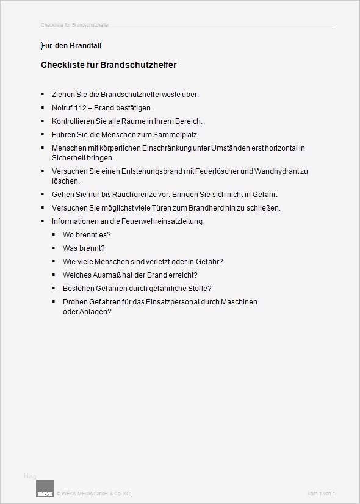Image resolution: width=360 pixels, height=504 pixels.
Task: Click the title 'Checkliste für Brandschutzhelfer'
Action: point(109,65)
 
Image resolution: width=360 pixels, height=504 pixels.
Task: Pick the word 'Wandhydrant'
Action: point(280,171)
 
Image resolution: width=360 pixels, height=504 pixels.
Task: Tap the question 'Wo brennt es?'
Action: point(87,235)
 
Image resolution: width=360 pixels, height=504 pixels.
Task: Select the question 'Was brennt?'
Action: point(84,248)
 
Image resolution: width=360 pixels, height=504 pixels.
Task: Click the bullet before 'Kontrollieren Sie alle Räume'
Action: point(43,121)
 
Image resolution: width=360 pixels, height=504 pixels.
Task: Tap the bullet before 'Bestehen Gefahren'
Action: point(54,289)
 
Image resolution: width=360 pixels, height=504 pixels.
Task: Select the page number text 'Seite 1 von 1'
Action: point(321,493)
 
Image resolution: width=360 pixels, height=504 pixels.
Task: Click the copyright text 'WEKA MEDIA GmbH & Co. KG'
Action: point(95,493)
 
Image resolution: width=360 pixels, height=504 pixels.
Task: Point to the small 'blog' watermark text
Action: point(31,476)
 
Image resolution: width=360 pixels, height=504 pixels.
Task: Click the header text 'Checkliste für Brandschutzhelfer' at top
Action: point(75,26)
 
